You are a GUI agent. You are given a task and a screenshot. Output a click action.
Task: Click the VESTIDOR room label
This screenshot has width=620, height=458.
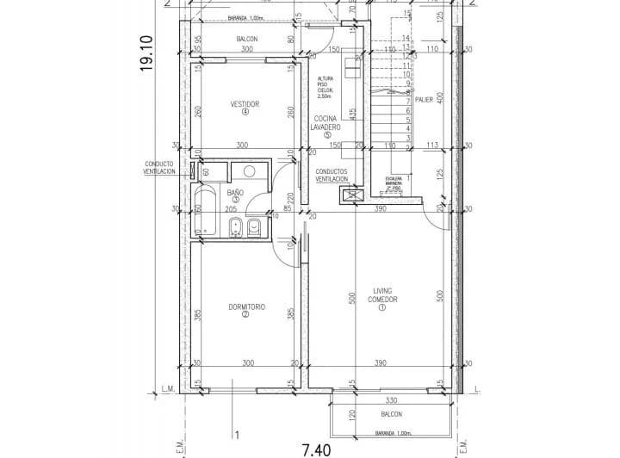[245, 104]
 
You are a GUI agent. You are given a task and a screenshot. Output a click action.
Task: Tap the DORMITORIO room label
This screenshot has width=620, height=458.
[246, 307]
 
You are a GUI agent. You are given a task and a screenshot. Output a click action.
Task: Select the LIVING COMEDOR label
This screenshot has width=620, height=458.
[382, 295]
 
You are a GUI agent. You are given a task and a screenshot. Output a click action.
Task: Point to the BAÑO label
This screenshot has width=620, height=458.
[235, 193]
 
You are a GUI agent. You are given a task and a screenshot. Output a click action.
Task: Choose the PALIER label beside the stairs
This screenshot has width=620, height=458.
[424, 99]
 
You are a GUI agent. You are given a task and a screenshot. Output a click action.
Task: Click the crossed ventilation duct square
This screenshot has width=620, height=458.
[350, 195]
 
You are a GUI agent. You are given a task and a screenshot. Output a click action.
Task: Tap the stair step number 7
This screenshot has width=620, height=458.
[407, 102]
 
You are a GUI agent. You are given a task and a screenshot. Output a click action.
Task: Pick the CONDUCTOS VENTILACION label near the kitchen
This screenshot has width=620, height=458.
[332, 175]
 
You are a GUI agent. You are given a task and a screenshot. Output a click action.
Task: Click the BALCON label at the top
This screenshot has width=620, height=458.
[246, 40]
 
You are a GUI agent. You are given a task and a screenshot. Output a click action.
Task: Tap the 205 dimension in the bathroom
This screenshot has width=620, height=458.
[231, 209]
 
